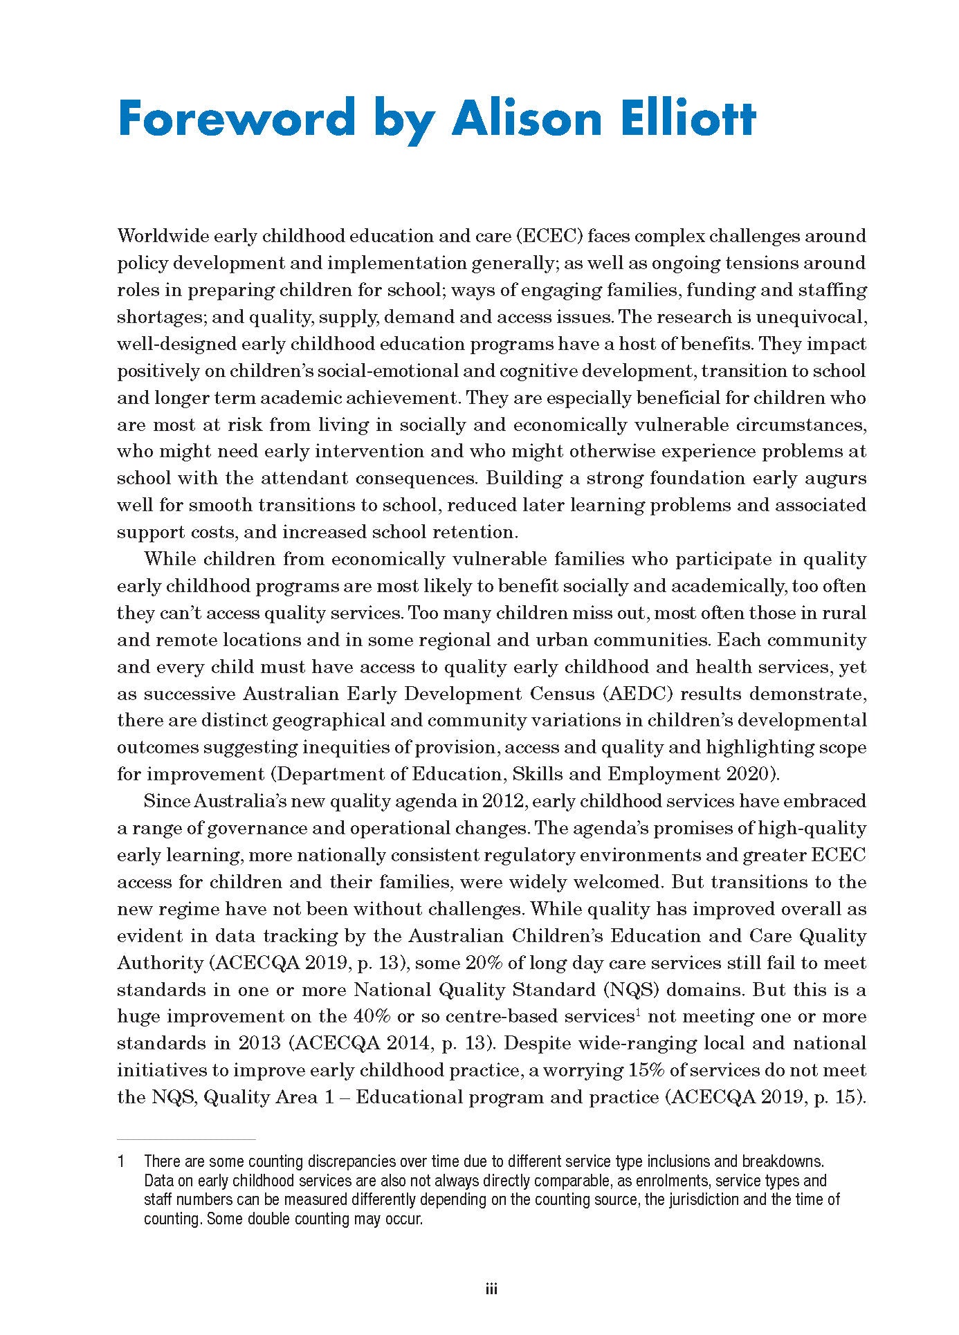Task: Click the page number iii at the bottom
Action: point(491,1289)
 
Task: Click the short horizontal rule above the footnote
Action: point(186,1138)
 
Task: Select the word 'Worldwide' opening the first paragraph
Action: point(161,236)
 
